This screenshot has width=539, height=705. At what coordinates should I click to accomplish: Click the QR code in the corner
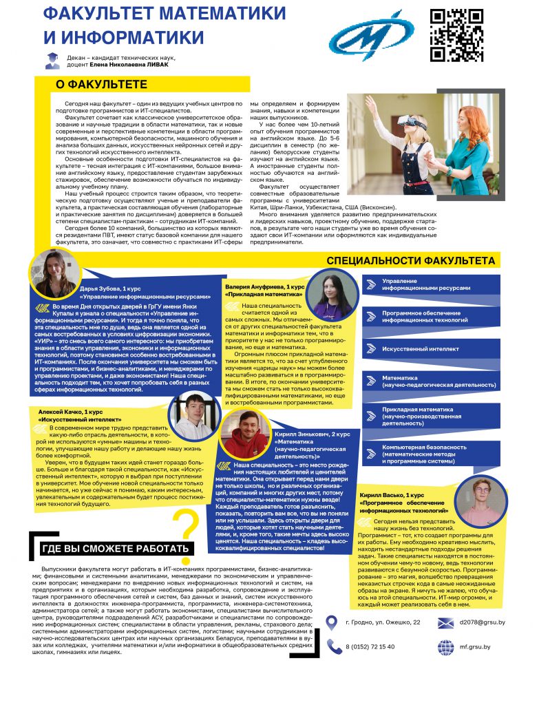(457, 35)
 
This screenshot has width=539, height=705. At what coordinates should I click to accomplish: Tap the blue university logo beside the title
(372, 36)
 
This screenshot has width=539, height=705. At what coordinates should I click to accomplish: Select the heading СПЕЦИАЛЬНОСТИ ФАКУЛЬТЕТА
(410, 261)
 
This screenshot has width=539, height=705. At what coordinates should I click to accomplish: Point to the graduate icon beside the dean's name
(52, 61)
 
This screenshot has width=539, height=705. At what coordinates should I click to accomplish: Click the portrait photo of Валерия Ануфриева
(331, 295)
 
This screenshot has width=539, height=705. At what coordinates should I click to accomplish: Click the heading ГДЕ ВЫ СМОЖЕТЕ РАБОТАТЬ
(115, 548)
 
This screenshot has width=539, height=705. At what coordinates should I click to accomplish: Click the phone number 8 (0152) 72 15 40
(370, 646)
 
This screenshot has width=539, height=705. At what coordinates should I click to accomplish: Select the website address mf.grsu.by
(475, 646)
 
